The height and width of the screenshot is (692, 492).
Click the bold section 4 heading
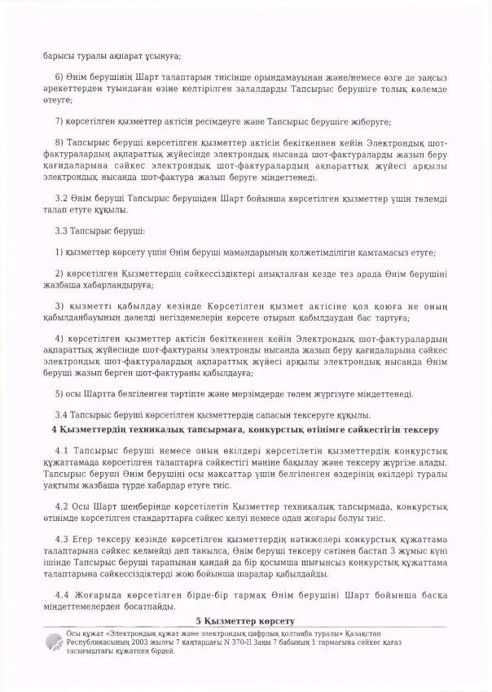pyautogui.click(x=245, y=428)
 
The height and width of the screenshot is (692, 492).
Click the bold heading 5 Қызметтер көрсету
pyautogui.click(x=245, y=621)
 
